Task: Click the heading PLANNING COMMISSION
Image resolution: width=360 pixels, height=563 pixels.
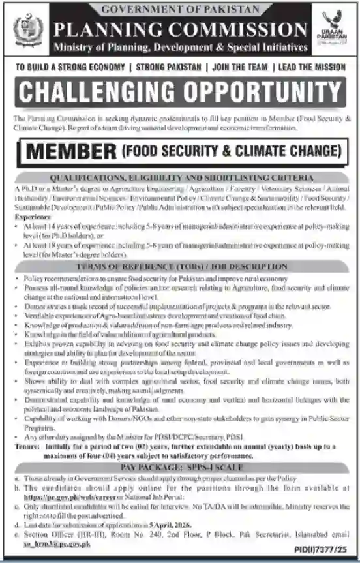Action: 180,30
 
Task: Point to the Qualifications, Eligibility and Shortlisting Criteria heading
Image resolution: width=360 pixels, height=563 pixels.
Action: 179,177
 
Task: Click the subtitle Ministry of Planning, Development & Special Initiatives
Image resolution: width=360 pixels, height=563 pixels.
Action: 180,47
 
